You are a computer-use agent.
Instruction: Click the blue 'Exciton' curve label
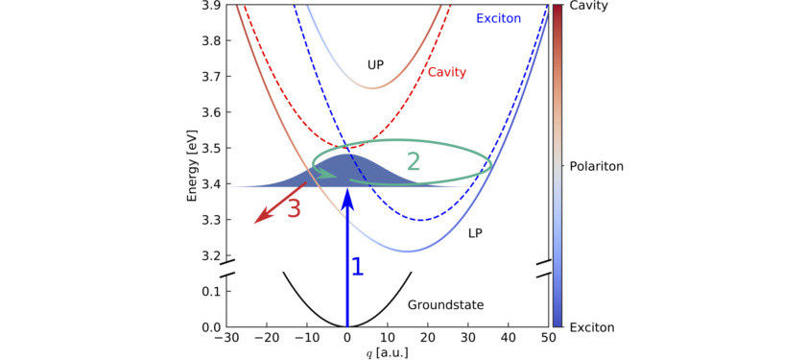498,18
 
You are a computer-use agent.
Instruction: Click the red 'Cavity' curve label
447,72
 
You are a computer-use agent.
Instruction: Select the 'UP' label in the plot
376,64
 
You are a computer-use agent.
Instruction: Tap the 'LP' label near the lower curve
476,233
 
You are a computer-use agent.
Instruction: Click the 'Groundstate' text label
445,305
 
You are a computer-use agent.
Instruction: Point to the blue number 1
357,267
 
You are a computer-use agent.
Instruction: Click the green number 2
414,161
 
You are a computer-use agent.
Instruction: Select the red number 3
295,208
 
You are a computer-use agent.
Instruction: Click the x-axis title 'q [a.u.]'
387,353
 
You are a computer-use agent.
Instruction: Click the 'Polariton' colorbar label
598,166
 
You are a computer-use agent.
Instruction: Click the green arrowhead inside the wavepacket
329,175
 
